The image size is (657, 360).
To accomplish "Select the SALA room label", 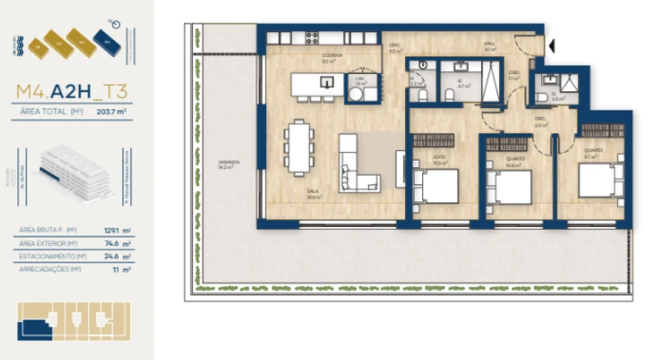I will [x=312, y=191].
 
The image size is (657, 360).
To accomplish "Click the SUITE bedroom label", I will [x=439, y=158].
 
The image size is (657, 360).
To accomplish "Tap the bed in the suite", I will [x=436, y=186].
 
